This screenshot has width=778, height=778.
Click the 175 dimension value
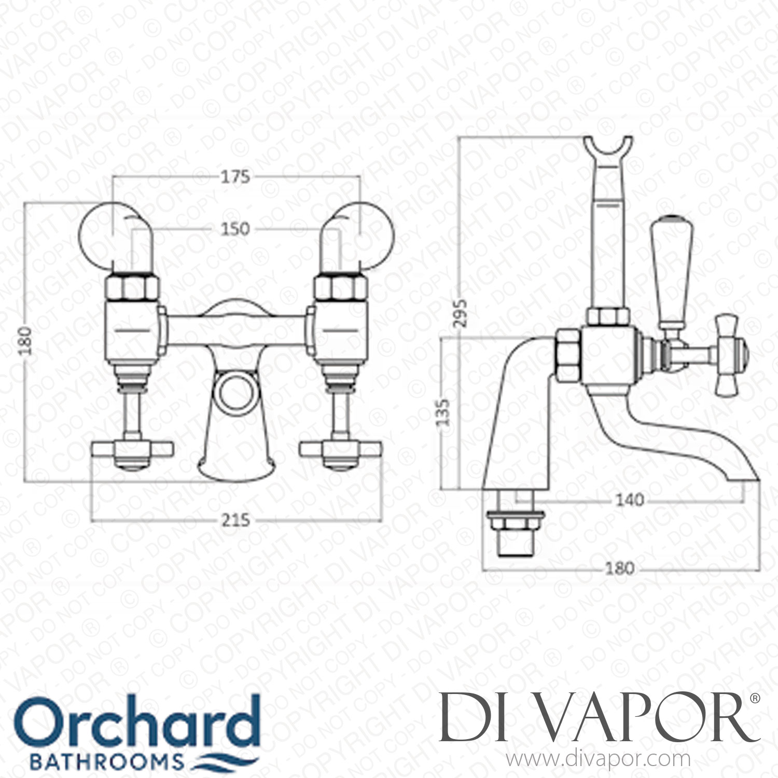(x=235, y=177)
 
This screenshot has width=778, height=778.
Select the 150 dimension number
(x=235, y=229)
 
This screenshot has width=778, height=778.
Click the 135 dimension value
(x=443, y=412)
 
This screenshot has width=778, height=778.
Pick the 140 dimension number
(x=629, y=500)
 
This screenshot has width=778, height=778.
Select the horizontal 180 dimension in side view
(x=620, y=568)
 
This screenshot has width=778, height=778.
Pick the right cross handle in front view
(x=341, y=451)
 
